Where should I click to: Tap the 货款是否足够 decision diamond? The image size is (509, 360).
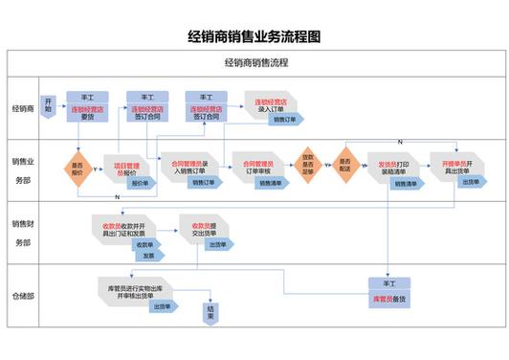(308, 166)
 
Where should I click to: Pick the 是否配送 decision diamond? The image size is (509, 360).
(344, 166)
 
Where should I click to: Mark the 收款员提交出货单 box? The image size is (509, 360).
(200, 230)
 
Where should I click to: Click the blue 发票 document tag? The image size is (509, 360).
(149, 257)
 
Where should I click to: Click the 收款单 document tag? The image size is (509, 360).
(149, 245)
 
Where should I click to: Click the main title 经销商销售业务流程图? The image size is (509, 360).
(254, 36)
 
